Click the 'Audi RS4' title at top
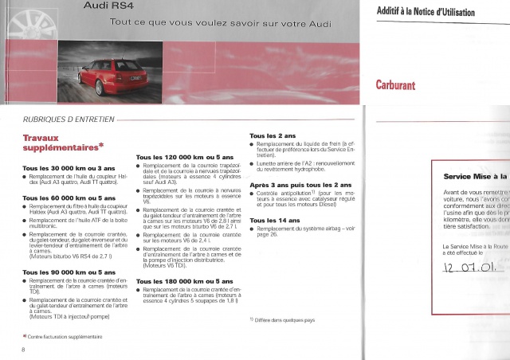click(x=110, y=6)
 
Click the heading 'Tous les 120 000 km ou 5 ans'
click(x=186, y=158)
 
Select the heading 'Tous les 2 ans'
click(x=273, y=135)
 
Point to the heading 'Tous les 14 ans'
click(x=275, y=220)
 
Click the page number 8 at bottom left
click(x=25, y=350)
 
